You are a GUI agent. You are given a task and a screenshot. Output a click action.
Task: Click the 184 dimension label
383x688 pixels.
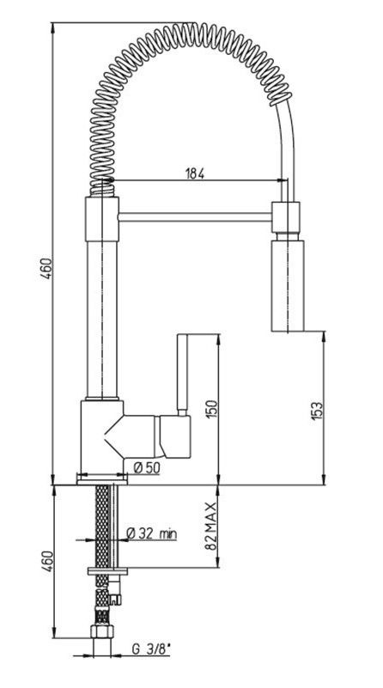[x=194, y=174]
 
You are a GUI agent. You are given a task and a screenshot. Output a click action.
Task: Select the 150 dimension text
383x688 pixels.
[x=211, y=409]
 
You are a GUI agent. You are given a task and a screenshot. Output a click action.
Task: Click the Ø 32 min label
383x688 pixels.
[x=151, y=533]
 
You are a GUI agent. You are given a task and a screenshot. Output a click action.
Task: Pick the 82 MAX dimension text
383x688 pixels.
[x=211, y=527]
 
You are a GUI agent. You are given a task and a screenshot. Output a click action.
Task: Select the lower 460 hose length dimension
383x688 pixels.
[x=47, y=561]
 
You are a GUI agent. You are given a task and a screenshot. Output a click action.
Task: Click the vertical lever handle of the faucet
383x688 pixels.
[x=183, y=374]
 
